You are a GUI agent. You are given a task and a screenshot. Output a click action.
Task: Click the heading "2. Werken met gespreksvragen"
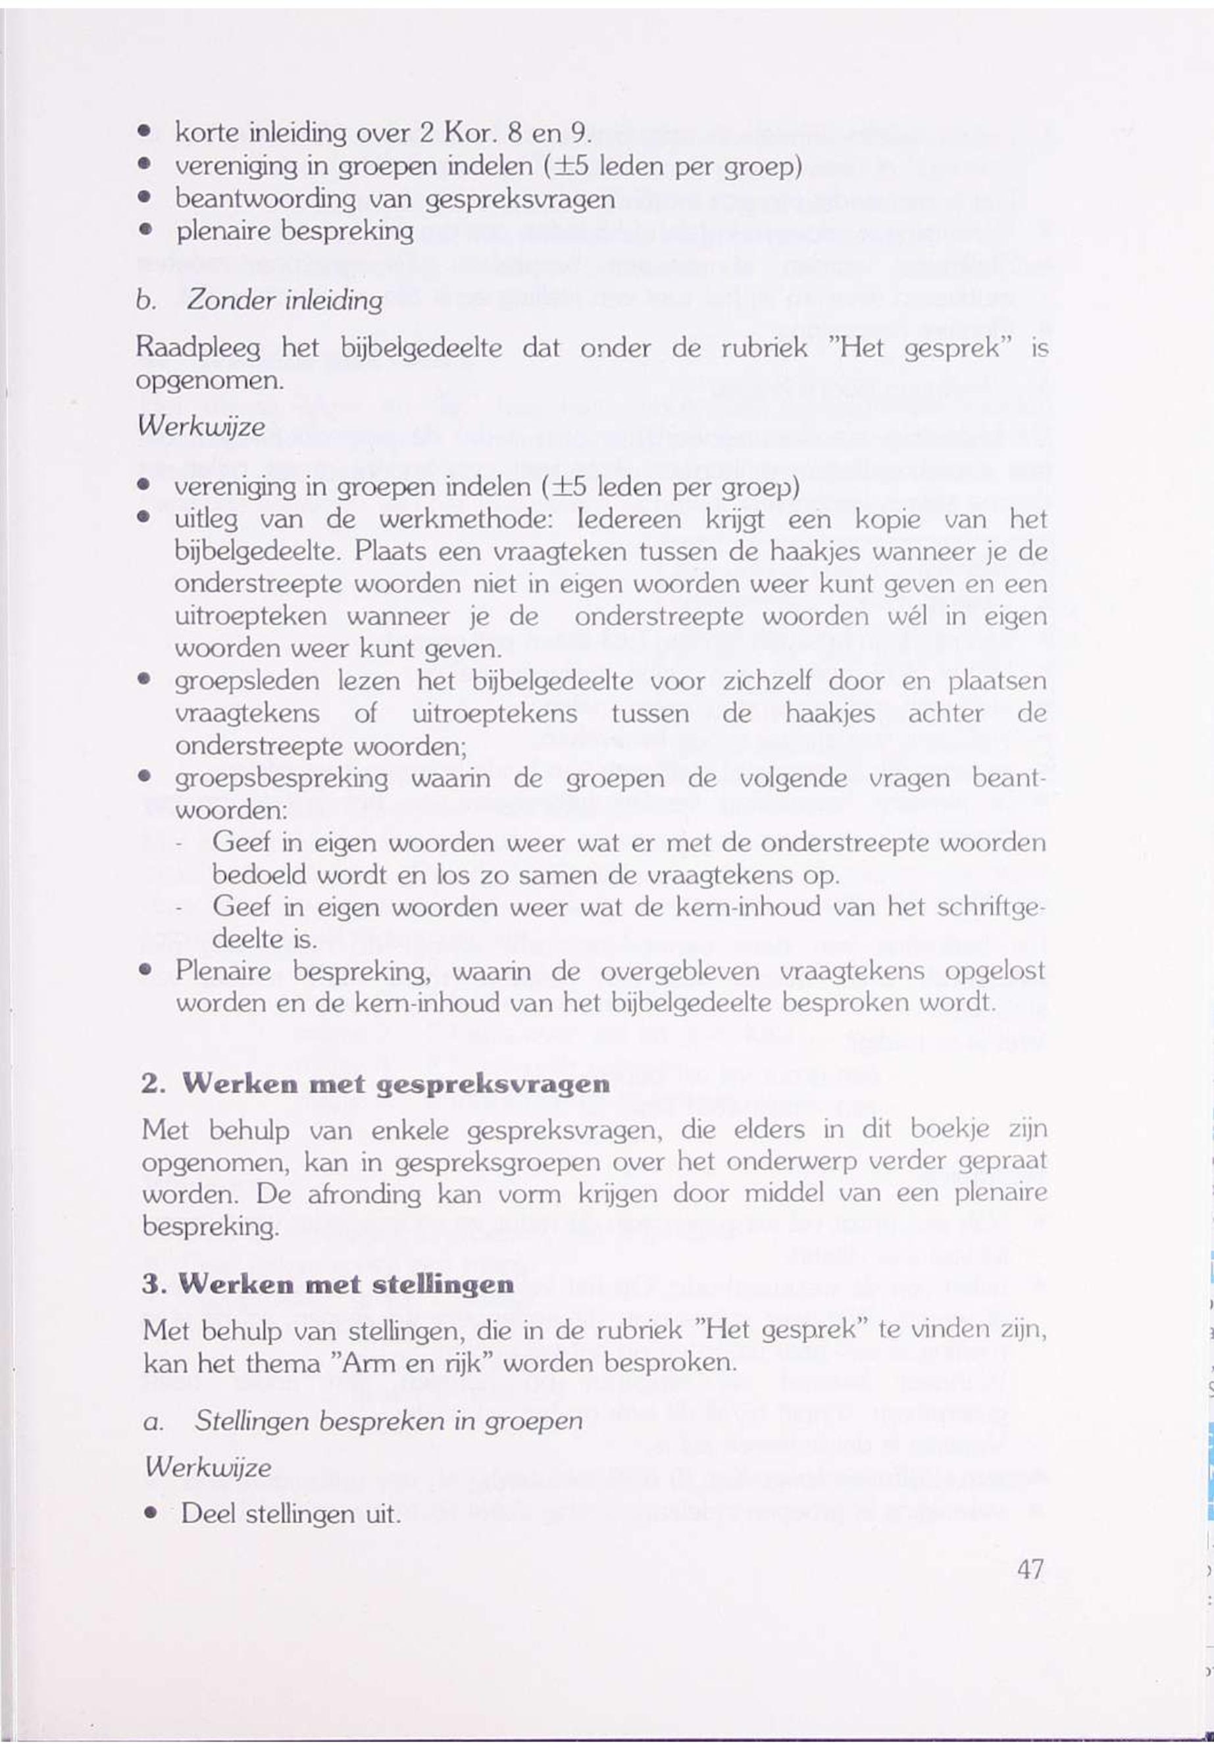click(x=376, y=1084)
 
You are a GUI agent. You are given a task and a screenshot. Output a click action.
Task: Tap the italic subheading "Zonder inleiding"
click(x=284, y=301)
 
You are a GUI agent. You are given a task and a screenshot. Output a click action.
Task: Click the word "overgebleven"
click(x=679, y=971)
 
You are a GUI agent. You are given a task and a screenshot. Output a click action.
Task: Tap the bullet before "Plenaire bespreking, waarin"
click(x=143, y=972)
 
